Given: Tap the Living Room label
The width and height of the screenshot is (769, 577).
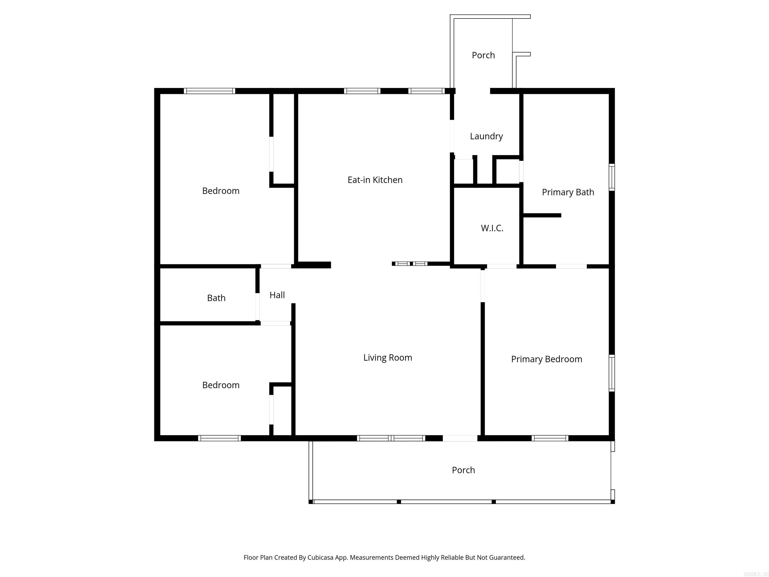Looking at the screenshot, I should click(x=388, y=358).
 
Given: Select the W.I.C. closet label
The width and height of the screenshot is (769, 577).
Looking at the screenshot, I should click(x=492, y=228).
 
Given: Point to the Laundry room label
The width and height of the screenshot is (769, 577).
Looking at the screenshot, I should click(x=486, y=136).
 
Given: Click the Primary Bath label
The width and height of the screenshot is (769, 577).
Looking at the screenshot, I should click(x=568, y=192).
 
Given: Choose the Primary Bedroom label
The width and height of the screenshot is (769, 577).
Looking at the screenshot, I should click(x=546, y=359).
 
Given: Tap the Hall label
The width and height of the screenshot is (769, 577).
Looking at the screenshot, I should click(x=277, y=295).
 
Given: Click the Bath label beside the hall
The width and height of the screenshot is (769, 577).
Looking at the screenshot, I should click(x=216, y=298).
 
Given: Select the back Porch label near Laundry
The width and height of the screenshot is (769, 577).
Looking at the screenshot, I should click(x=483, y=55).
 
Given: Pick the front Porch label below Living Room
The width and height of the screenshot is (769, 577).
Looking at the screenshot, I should click(x=463, y=470).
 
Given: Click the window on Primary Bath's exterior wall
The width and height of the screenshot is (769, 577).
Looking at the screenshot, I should click(x=612, y=177).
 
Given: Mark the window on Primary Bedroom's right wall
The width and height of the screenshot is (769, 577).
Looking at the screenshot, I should click(x=612, y=373).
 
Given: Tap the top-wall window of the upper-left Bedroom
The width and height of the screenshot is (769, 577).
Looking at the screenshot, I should click(x=209, y=91).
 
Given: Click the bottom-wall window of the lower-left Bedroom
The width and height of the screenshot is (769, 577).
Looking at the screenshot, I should click(x=219, y=438).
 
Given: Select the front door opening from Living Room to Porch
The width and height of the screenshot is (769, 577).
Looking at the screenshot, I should click(x=460, y=438).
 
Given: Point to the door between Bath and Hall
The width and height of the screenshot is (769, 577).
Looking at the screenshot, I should click(x=258, y=307).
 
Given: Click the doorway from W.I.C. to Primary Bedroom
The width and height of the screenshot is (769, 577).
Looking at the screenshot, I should click(x=501, y=266).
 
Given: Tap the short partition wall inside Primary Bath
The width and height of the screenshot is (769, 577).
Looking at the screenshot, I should click(x=542, y=216).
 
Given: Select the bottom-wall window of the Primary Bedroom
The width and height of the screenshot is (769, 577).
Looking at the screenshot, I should click(x=550, y=438).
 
